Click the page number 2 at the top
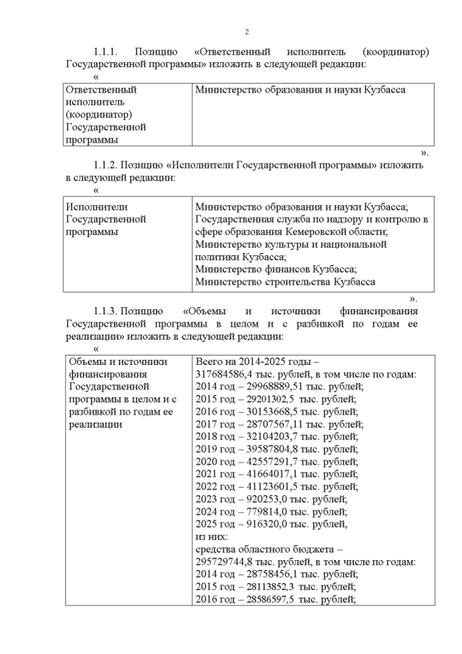pos(246,31)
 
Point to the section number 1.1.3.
pos(111,310)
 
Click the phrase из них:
pos(212,536)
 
